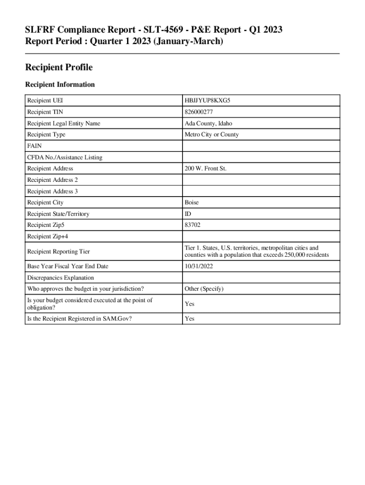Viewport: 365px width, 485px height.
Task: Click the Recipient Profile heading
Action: (x=58, y=68)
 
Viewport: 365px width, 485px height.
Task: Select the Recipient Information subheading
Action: (x=60, y=85)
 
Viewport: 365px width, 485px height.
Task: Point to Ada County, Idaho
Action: (x=209, y=124)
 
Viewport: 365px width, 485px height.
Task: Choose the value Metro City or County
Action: (x=212, y=135)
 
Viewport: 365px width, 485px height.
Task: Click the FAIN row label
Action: (x=35, y=146)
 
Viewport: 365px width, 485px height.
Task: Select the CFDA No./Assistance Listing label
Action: (x=64, y=157)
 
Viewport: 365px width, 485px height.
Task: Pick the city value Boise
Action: (x=192, y=203)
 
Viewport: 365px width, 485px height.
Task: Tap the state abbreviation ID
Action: (x=188, y=214)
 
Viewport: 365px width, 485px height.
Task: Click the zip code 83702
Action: (x=192, y=225)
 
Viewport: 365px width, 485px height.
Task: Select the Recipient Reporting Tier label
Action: (x=58, y=251)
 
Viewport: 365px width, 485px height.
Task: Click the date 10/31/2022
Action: (x=199, y=267)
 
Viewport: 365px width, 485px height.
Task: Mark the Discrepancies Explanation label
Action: (x=60, y=278)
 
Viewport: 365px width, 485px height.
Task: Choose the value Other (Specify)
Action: (x=204, y=289)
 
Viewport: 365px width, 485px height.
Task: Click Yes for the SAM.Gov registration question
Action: (x=190, y=319)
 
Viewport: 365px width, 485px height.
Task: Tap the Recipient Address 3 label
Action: (x=52, y=191)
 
